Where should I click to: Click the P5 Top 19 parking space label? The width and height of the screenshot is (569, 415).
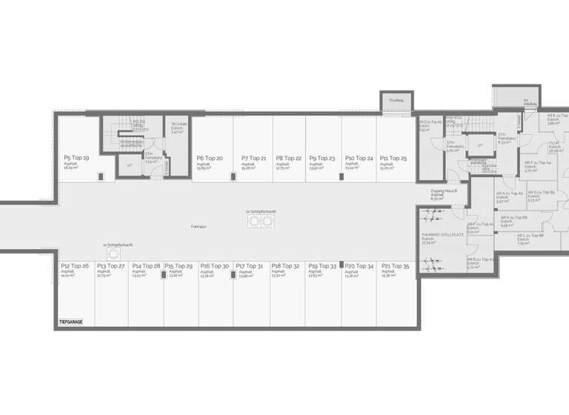point(76,158)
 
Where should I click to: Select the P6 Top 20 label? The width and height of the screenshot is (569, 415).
point(210,158)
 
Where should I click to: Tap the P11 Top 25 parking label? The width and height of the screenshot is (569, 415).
point(393,158)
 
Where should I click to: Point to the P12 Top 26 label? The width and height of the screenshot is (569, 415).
point(75,265)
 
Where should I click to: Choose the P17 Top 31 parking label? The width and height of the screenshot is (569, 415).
point(250,265)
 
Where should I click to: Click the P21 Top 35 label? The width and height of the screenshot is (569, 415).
point(394,265)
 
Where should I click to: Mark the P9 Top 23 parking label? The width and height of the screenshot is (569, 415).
point(322,158)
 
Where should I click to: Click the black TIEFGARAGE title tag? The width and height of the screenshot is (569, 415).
point(70,322)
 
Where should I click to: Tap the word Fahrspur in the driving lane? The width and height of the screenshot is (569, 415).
point(199,225)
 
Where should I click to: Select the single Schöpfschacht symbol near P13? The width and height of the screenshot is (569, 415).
point(114,253)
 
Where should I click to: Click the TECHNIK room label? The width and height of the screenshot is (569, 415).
point(179,124)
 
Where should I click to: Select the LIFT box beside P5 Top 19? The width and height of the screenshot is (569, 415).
point(130,165)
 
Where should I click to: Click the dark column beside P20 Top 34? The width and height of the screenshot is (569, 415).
point(342,273)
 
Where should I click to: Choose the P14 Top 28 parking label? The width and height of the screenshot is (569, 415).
point(146,265)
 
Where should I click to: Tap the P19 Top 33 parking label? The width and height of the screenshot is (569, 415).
point(322,265)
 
